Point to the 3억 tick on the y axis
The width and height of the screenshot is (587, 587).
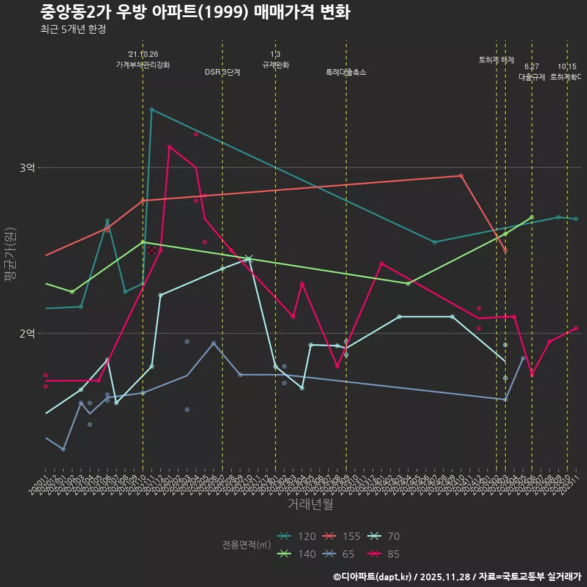[27, 168]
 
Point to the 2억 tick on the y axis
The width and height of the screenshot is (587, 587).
[27, 333]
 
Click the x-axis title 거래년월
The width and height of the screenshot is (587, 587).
[311, 504]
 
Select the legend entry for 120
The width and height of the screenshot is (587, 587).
[297, 536]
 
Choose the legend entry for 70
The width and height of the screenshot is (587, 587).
[384, 536]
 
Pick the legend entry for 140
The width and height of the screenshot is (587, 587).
[297, 554]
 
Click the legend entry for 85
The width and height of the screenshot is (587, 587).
[384, 554]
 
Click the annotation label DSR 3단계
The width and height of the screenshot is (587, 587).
[223, 72]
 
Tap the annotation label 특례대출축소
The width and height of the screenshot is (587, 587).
[346, 72]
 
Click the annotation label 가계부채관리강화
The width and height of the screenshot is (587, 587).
[143, 64]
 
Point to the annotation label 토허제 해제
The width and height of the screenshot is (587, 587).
[497, 60]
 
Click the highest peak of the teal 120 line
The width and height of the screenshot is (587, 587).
[152, 109]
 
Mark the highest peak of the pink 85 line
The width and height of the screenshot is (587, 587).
[169, 147]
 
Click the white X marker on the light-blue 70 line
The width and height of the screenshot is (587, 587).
[249, 259]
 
